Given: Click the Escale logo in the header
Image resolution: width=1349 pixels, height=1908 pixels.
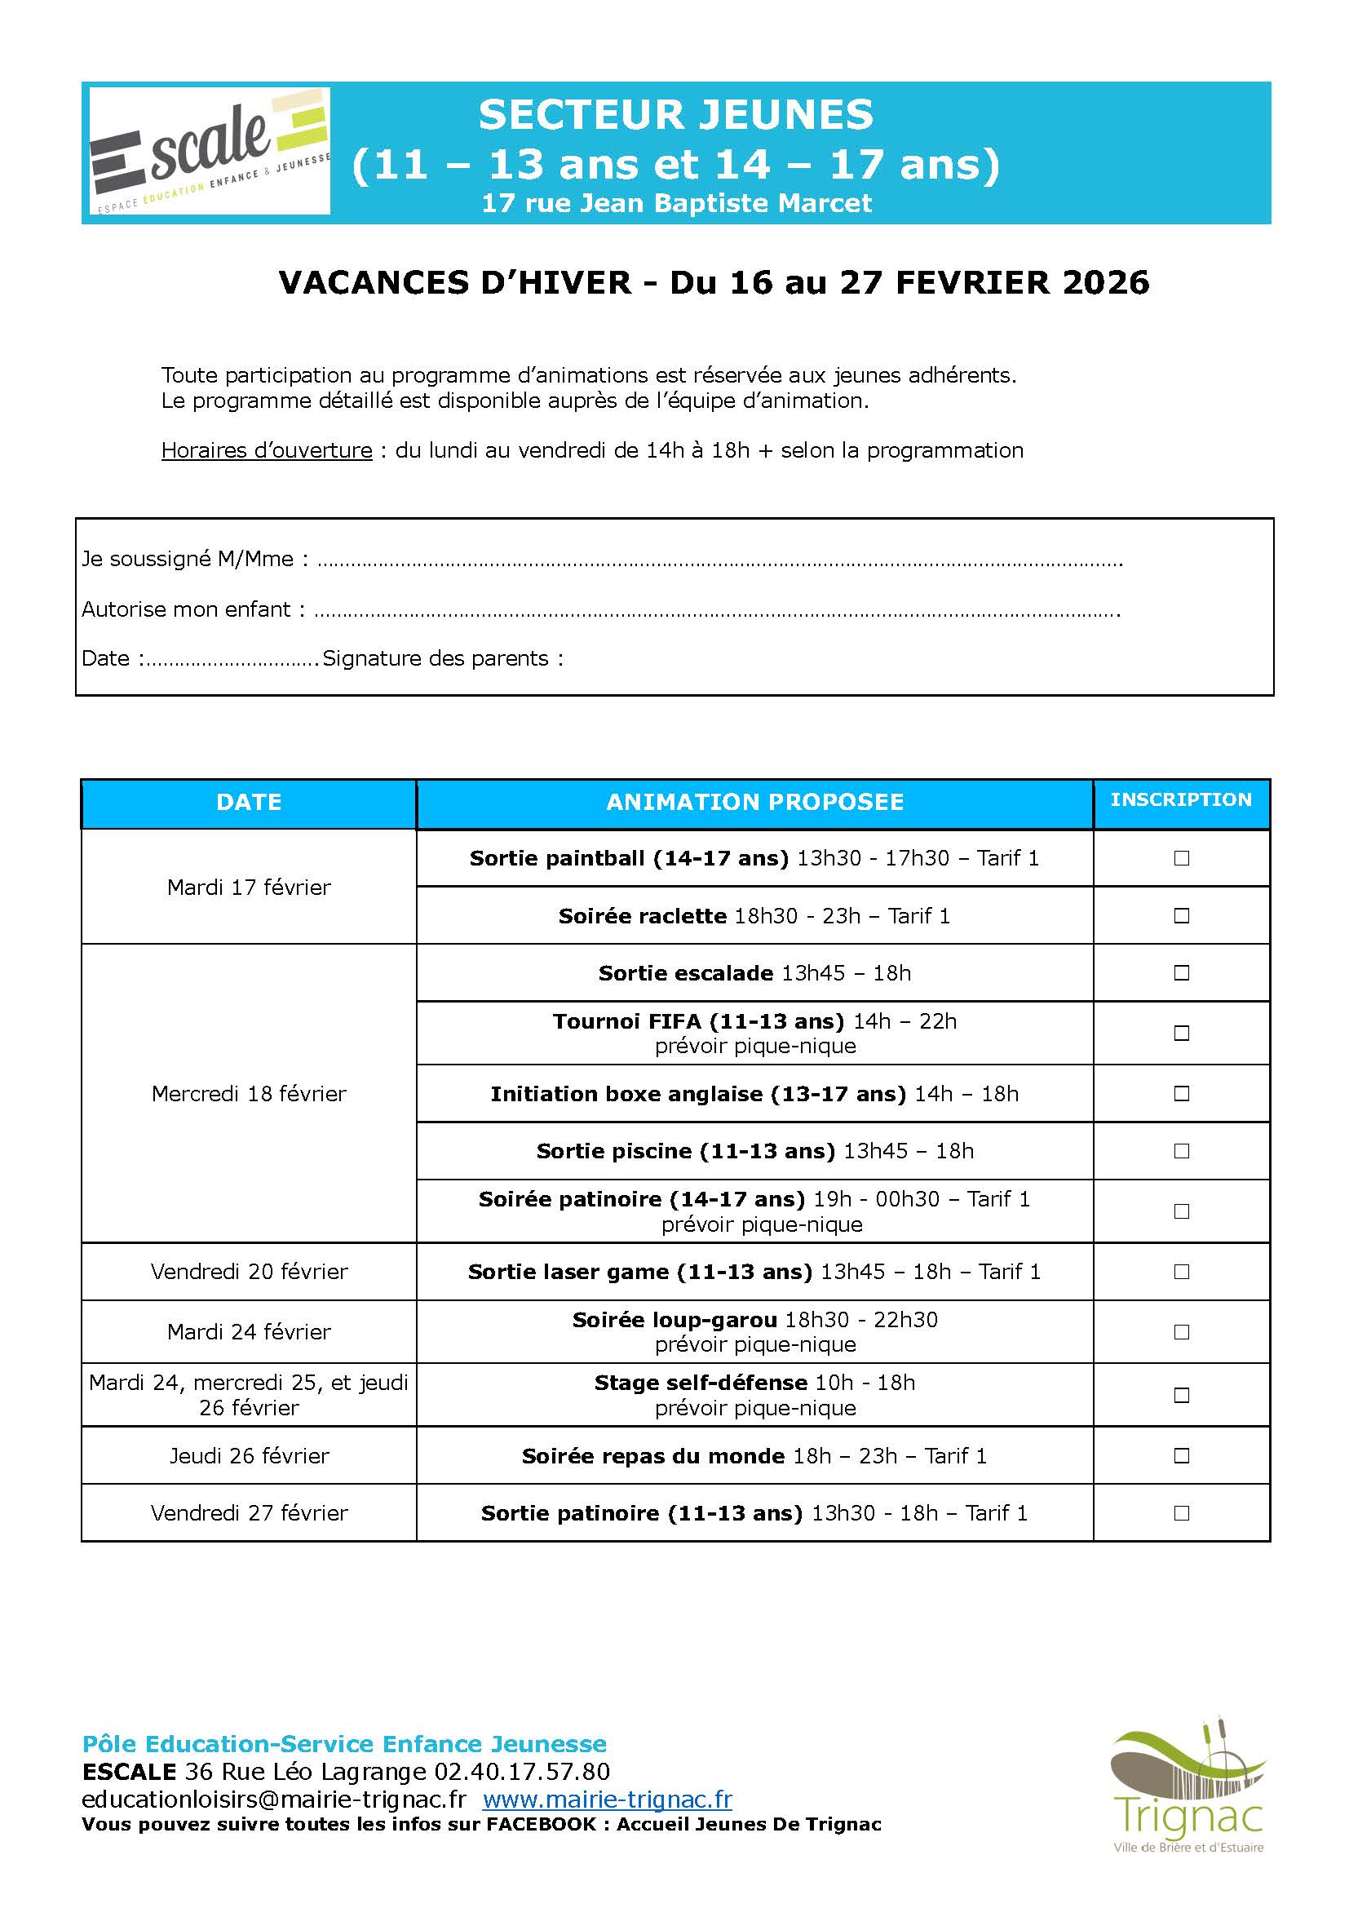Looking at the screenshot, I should coord(210,151).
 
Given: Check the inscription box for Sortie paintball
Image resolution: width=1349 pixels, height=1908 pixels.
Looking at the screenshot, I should coord(1181,857).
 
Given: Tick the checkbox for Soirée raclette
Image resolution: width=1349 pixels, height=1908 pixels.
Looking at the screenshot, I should coord(1181,915).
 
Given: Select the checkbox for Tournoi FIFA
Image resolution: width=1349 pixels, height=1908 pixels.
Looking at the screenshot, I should coord(1181,1033).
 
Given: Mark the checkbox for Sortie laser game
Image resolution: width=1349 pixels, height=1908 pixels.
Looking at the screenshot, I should coord(1181,1272).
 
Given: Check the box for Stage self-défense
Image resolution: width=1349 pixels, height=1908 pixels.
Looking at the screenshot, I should coord(1181,1395).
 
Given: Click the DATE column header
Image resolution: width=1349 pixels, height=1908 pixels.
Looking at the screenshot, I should coord(249,802).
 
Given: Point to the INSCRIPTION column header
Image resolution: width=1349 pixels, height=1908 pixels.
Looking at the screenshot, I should coord(1180,799).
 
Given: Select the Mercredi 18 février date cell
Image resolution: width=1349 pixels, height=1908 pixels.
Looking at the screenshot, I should coord(249,1094).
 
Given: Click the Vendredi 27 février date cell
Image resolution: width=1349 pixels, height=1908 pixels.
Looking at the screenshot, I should coord(249,1512).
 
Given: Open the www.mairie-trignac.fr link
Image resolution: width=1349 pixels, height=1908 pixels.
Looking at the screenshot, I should coord(608,1800).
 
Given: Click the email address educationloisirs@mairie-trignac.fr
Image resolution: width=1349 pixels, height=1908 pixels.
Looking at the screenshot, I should coord(274,1800).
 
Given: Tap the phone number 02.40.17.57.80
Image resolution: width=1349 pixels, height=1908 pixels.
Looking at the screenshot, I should coord(522,1772).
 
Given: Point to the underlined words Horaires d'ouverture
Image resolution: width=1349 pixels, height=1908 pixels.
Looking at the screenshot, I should coord(267,450).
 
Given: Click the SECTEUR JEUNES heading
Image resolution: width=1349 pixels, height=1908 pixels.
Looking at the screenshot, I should coord(675,115).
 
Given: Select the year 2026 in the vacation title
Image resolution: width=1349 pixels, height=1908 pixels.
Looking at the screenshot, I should coord(1106,282).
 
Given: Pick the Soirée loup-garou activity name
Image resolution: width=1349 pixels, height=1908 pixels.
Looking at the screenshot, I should coord(674,1320).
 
